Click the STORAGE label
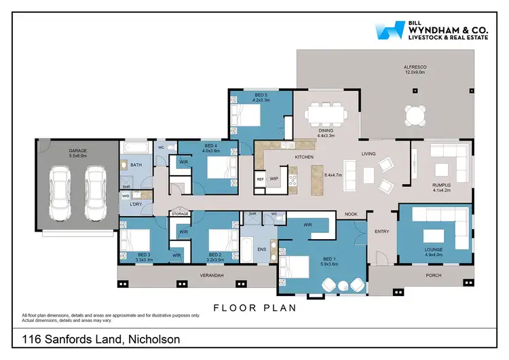179,213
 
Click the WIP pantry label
274,179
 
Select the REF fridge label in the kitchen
260,179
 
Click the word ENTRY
382,232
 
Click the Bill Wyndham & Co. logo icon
389,32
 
